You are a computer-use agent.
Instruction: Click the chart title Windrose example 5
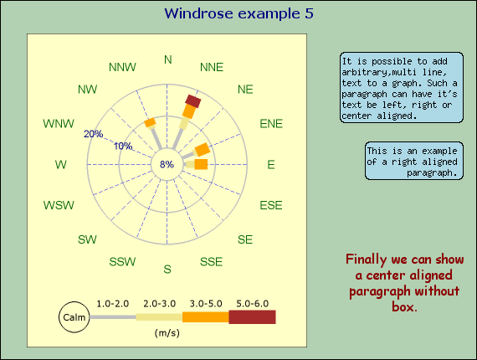[x=238, y=13]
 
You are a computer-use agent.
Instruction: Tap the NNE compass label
[x=212, y=67]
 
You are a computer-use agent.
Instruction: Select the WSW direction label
[x=59, y=205]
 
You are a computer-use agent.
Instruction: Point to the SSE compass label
[x=211, y=262]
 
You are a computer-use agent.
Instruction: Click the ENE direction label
[x=270, y=123]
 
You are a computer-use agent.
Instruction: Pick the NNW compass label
[x=123, y=67]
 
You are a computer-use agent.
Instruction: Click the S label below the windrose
[x=167, y=269]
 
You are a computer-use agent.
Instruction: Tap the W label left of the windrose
[x=60, y=165]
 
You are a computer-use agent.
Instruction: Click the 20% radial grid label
[x=93, y=134]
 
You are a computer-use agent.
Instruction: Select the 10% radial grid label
[x=123, y=147]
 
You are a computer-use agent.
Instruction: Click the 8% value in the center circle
[x=167, y=164]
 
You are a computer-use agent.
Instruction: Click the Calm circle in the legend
[x=74, y=317]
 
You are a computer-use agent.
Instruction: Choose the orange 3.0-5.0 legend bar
[x=205, y=317]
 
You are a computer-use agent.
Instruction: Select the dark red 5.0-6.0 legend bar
[x=252, y=317]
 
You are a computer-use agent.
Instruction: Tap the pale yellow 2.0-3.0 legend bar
[x=158, y=317]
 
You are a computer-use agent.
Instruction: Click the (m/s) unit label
[x=167, y=332]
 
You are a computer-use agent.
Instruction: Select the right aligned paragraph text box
[x=413, y=161]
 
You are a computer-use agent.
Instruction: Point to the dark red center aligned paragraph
[x=403, y=283]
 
